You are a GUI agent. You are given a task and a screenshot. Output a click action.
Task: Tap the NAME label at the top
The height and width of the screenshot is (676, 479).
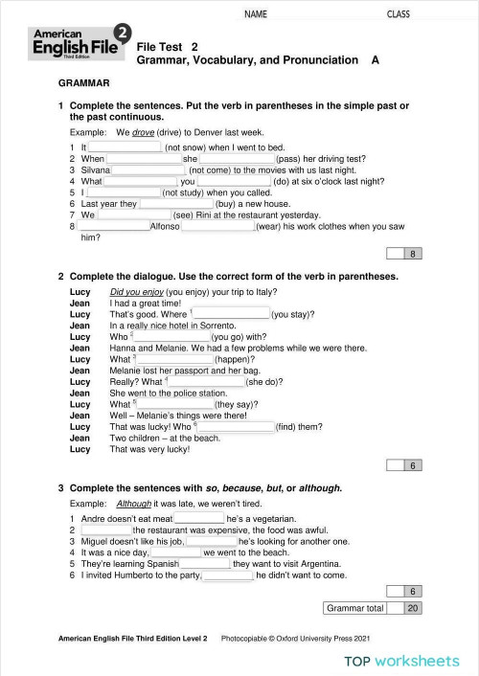click(255, 14)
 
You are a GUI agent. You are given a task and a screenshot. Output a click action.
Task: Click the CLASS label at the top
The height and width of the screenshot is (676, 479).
click(398, 14)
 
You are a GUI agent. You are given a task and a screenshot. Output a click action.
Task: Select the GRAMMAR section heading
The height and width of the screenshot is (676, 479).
click(84, 84)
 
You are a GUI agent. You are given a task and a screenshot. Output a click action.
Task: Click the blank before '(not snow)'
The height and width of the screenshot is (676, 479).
click(125, 147)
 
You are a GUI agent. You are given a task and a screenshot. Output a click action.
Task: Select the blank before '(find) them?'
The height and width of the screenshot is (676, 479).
click(235, 427)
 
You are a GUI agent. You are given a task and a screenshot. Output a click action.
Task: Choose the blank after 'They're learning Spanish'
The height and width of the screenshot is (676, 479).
click(205, 565)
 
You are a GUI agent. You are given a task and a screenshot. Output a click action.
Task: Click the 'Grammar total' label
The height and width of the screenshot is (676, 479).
click(354, 608)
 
